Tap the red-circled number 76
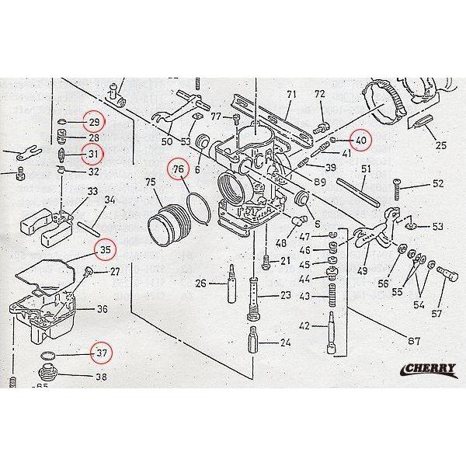pos(179,169)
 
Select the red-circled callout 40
pos(360,141)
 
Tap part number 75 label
pos(150,183)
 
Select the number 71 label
pos(292,95)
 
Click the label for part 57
pos(436,314)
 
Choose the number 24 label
pos(285,343)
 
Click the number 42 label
pos(304,326)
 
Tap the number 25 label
pos(440,145)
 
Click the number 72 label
pos(319,95)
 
